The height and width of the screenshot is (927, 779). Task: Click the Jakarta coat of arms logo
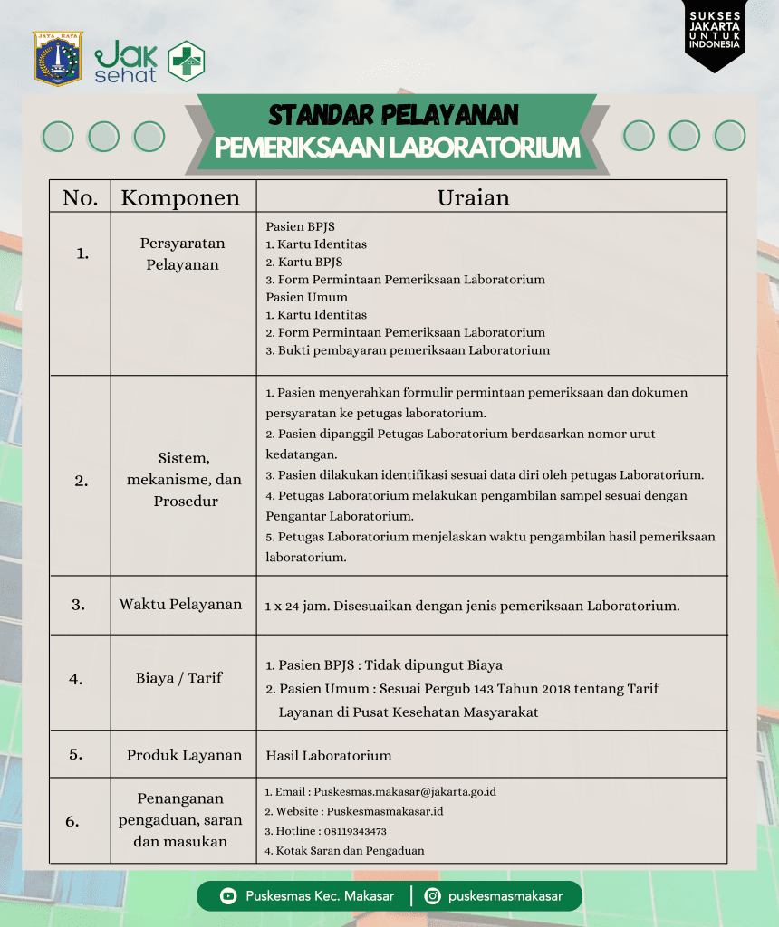pyautogui.click(x=58, y=59)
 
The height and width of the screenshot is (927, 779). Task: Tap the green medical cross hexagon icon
pyautogui.click(x=187, y=62)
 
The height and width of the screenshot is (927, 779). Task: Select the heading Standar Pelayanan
pyautogui.click(x=393, y=115)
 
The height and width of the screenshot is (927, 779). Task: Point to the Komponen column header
pyautogui.click(x=180, y=197)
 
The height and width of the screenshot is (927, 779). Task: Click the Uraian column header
pyautogui.click(x=473, y=197)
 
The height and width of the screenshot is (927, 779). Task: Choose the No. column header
pyautogui.click(x=81, y=197)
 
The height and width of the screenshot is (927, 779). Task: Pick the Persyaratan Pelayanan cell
pyautogui.click(x=182, y=254)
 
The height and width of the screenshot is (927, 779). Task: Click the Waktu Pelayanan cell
pyautogui.click(x=181, y=604)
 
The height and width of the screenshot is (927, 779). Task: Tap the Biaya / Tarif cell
pyautogui.click(x=179, y=677)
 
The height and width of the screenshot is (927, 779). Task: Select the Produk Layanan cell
pyautogui.click(x=184, y=755)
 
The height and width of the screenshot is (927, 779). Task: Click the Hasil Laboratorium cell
pyautogui.click(x=329, y=755)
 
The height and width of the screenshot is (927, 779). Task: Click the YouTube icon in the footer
pyautogui.click(x=228, y=896)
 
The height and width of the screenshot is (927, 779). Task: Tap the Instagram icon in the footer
pyautogui.click(x=433, y=896)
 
